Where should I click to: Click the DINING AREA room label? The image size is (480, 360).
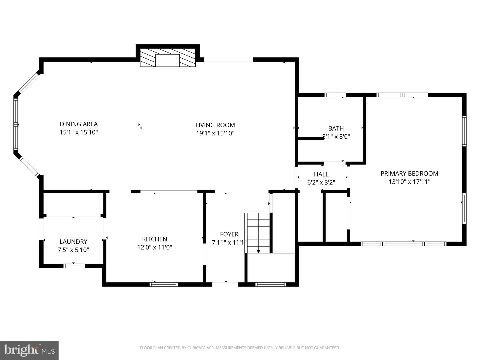[79, 124]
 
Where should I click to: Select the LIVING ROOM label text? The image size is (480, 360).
[215, 125]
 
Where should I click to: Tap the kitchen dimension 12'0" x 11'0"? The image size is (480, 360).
[155, 247]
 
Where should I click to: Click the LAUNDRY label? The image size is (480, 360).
[73, 242]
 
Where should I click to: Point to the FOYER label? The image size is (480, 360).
[229, 234]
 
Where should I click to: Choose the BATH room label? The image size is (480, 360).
[336, 128]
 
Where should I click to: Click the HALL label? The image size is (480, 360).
[321, 174]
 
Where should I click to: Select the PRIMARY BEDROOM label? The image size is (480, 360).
[409, 173]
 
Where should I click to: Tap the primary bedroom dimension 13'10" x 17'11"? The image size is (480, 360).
[409, 182]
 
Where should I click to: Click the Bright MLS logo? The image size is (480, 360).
[29, 350]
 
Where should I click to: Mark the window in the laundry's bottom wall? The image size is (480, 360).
[74, 266]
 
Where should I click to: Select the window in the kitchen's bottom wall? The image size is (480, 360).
[164, 284]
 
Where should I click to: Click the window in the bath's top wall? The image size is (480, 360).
[335, 95]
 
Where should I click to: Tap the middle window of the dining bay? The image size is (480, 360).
[15, 124]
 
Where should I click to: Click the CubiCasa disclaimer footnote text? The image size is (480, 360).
[240, 348]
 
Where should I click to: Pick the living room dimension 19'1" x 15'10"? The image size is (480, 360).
[215, 133]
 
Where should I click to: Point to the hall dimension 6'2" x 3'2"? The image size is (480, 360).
[321, 183]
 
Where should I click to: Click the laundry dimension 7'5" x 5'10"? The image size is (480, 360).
[73, 250]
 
